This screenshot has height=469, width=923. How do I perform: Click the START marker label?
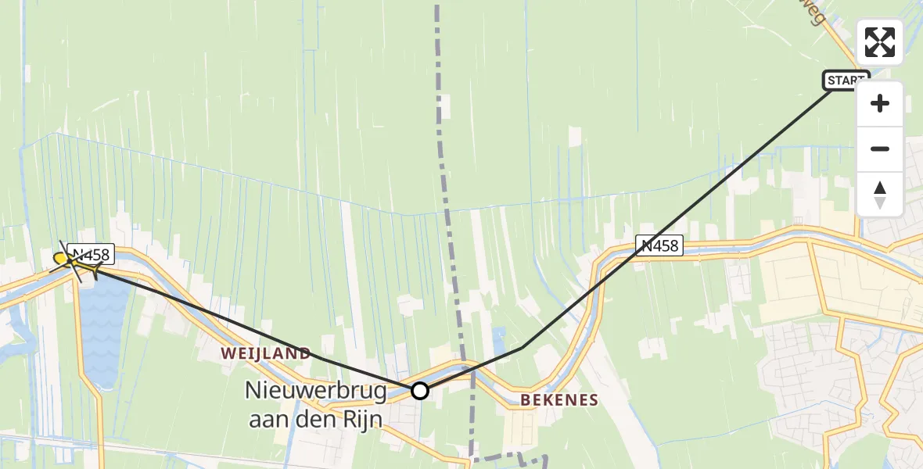pyautogui.click(x=846, y=80)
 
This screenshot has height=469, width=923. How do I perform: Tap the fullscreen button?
pyautogui.click(x=880, y=42)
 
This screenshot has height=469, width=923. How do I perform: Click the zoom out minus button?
pyautogui.click(x=880, y=149)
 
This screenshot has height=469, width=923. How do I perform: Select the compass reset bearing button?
pyautogui.click(x=880, y=195)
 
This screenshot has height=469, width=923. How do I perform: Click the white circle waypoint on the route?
pyautogui.click(x=420, y=391)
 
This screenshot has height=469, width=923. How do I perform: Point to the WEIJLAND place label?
pyautogui.click(x=265, y=353)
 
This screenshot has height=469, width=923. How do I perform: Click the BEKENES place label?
pyautogui.click(x=559, y=400)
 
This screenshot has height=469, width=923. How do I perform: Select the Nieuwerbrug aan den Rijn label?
pyautogui.click(x=315, y=404)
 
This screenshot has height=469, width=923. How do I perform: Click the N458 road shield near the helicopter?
pyautogui.click(x=92, y=253)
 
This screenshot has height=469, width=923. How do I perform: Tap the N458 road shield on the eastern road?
pyautogui.click(x=659, y=245)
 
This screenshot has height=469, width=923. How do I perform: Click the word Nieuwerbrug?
pyautogui.click(x=315, y=389)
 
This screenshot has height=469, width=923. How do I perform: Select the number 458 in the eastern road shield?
pyautogui.click(x=664, y=245)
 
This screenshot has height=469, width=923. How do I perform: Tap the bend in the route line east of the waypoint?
pyautogui.click(x=523, y=347)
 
